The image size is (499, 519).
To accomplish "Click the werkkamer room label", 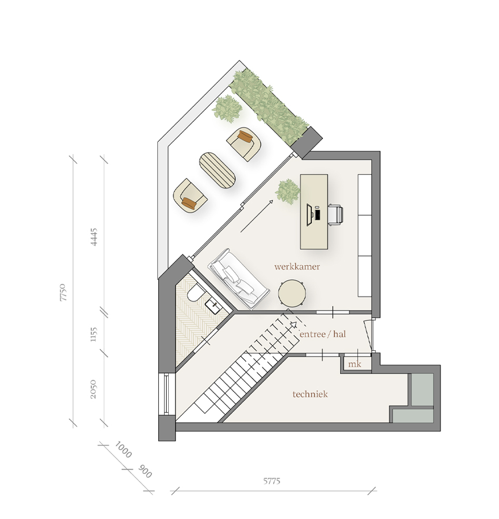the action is point(297,266).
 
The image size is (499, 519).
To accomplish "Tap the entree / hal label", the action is point(322,334).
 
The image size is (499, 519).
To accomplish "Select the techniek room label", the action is point(310,394).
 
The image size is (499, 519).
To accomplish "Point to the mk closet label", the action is point(354,364).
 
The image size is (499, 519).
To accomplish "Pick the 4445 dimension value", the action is point(94,236).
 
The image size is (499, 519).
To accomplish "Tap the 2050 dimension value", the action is point(93,389).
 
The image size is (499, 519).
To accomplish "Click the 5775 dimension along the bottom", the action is point(272,481).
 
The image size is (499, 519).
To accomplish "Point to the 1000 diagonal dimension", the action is point(123,450).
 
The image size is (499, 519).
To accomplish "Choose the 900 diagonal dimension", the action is point(145,472).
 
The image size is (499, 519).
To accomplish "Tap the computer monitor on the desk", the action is point(309,215).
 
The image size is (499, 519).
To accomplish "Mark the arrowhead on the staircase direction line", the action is point(293,324).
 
